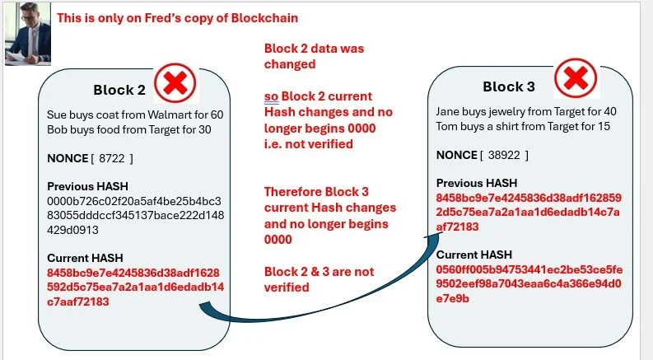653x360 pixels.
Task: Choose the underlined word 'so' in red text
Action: pyautogui.click(x=271, y=96)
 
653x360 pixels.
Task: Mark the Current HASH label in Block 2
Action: pyautogui.click(x=85, y=258)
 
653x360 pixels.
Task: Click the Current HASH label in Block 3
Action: pyautogui.click(x=473, y=255)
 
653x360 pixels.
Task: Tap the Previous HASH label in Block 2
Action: pyautogui.click(x=87, y=185)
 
